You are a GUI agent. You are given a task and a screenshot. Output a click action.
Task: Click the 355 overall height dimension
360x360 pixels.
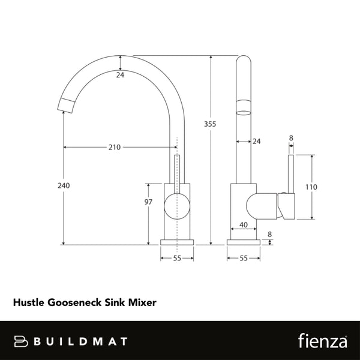coord(209,124)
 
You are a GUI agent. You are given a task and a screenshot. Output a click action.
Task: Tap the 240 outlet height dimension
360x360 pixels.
coord(64,185)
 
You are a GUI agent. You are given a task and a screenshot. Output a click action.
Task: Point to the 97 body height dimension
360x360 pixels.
coord(149,202)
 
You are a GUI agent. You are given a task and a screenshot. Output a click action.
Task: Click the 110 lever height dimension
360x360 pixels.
coord(311,187)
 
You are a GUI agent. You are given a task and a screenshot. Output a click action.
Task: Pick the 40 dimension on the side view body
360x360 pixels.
coord(244,225)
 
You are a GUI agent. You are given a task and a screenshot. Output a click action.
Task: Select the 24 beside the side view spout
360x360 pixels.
coord(257,142)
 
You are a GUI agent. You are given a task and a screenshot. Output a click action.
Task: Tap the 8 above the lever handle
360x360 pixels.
coord(291,138)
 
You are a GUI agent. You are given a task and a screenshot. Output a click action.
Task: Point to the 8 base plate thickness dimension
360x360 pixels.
coord(269,234)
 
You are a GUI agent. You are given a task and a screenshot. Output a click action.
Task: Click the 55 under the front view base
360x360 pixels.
coord(177,258)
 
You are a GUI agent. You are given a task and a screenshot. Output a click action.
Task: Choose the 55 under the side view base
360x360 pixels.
coord(243,258)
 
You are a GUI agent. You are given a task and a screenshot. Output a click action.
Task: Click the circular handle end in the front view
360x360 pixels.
coord(175,206)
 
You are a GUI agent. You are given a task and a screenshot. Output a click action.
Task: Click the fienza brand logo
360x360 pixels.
coord(322,341)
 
